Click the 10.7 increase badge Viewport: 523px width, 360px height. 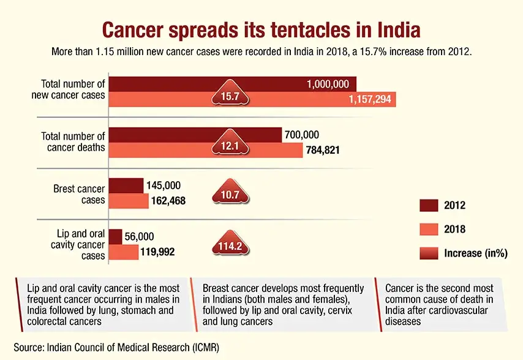[x=230, y=195]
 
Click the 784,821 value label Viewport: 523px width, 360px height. [x=323, y=150]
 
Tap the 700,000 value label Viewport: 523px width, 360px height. [x=301, y=135]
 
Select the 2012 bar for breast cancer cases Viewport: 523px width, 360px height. [x=126, y=186]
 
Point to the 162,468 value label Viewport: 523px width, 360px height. [x=169, y=201]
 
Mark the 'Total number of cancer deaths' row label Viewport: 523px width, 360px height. [x=72, y=141]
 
